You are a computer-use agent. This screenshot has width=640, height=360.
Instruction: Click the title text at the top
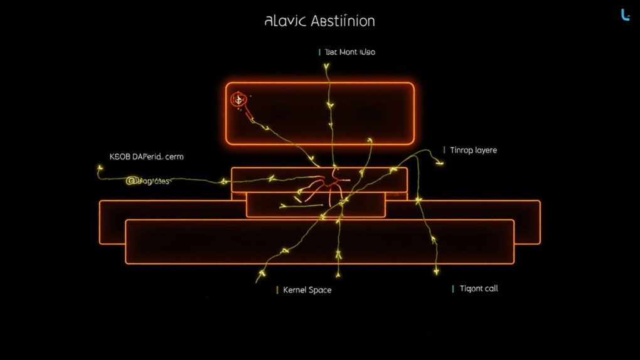click(320, 21)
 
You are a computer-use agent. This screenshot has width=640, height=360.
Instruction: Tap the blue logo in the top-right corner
click(625, 15)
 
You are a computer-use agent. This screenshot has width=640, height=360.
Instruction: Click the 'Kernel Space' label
click(307, 290)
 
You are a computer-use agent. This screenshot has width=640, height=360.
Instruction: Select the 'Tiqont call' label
click(479, 289)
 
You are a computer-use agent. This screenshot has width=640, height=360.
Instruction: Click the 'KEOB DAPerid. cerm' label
click(147, 157)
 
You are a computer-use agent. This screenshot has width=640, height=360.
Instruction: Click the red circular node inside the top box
click(238, 99)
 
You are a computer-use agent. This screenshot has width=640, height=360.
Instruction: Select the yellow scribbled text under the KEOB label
click(148, 181)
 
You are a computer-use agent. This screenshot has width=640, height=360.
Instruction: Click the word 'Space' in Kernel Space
click(319, 290)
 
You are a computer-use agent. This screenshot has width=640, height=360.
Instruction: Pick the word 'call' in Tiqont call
click(491, 289)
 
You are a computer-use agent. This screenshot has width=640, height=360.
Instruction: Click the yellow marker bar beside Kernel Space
click(277, 290)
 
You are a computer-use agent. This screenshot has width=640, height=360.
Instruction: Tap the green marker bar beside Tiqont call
click(453, 289)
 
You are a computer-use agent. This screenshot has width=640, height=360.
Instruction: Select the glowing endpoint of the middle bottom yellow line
click(338, 275)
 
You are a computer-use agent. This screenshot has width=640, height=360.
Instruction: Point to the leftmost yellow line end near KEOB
click(99, 168)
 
